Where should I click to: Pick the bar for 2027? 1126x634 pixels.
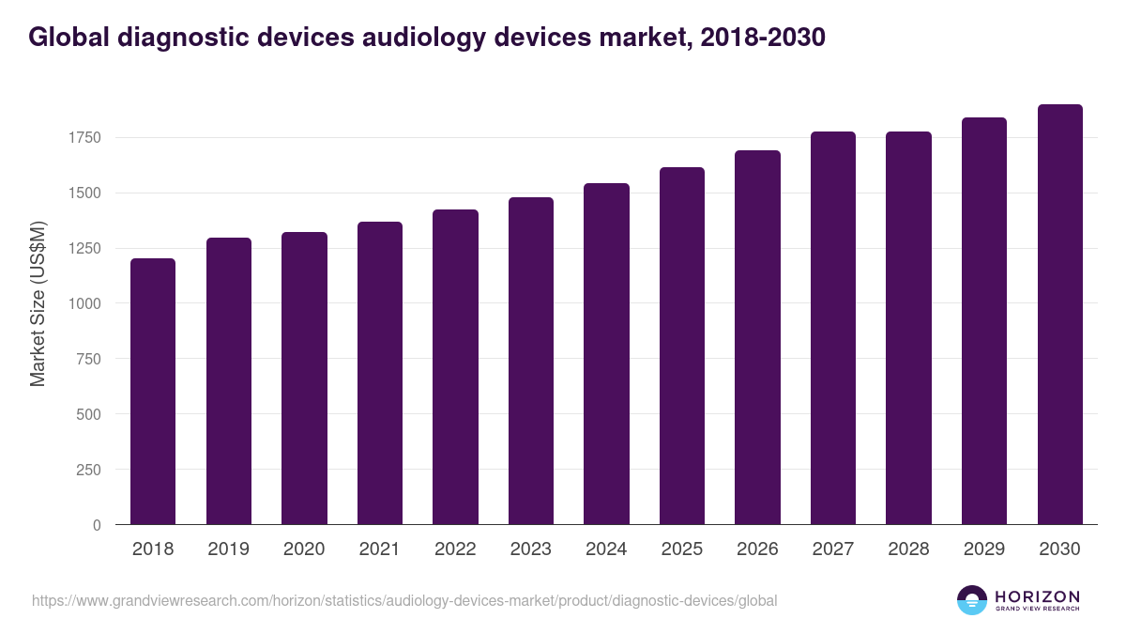(x=833, y=328)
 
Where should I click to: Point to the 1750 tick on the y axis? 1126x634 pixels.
(x=84, y=138)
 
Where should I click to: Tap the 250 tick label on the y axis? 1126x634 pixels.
(x=87, y=470)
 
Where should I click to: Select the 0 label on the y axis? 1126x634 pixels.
(x=97, y=525)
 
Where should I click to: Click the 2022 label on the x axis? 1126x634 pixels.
(x=455, y=549)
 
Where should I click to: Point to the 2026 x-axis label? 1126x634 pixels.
(x=757, y=549)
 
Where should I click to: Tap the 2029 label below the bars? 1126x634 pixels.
(x=984, y=549)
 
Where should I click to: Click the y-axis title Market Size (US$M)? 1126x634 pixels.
(x=38, y=303)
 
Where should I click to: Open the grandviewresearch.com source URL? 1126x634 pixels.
(x=404, y=600)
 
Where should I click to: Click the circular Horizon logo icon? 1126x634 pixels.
(x=972, y=600)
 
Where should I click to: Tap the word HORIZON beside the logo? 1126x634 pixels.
(x=1037, y=596)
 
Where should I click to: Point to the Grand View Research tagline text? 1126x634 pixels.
(x=1037, y=609)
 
